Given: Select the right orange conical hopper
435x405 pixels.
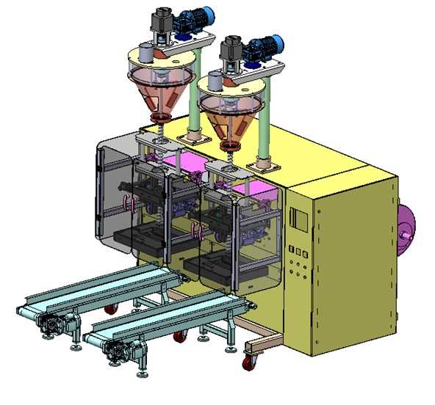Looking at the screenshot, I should coord(231,117).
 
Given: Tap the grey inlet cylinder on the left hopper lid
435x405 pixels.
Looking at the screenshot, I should coord(145,54).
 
